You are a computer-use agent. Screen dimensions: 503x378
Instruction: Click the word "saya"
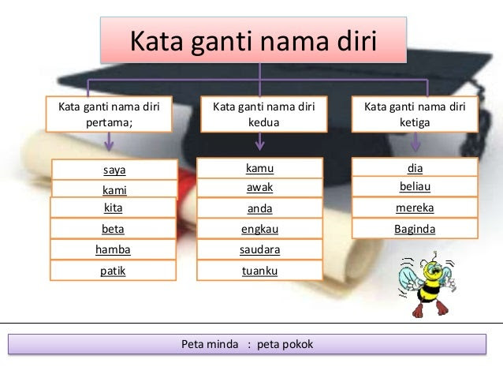[x=114, y=170]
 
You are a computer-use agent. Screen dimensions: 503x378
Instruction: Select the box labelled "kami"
[x=114, y=189]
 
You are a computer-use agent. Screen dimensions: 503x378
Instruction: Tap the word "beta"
[x=113, y=229]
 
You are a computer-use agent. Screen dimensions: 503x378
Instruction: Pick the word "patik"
[x=113, y=271]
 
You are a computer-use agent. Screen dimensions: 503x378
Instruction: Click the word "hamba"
[x=113, y=249]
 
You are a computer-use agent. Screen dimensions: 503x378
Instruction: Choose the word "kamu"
[x=260, y=168]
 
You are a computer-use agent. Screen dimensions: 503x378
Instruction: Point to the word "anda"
[x=260, y=208]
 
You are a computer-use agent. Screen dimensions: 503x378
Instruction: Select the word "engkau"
[x=260, y=229]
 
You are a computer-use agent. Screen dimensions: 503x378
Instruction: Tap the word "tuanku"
[x=260, y=271]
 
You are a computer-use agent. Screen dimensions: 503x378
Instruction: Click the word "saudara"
[x=260, y=249]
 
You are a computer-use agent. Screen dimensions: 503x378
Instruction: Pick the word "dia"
[x=415, y=168]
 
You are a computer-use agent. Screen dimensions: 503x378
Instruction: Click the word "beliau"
[x=415, y=186]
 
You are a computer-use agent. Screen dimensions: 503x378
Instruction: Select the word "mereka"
[x=415, y=208]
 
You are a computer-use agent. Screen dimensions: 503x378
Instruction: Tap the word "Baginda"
[x=415, y=229]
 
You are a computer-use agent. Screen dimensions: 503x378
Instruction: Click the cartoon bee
[x=427, y=284]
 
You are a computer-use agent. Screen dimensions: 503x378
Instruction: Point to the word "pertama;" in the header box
[x=109, y=122]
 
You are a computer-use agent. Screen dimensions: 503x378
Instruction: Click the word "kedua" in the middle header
[x=263, y=122]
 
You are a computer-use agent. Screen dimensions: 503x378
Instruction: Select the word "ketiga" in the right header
[x=415, y=122]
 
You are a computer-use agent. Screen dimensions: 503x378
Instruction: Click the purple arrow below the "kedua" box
[x=260, y=141]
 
